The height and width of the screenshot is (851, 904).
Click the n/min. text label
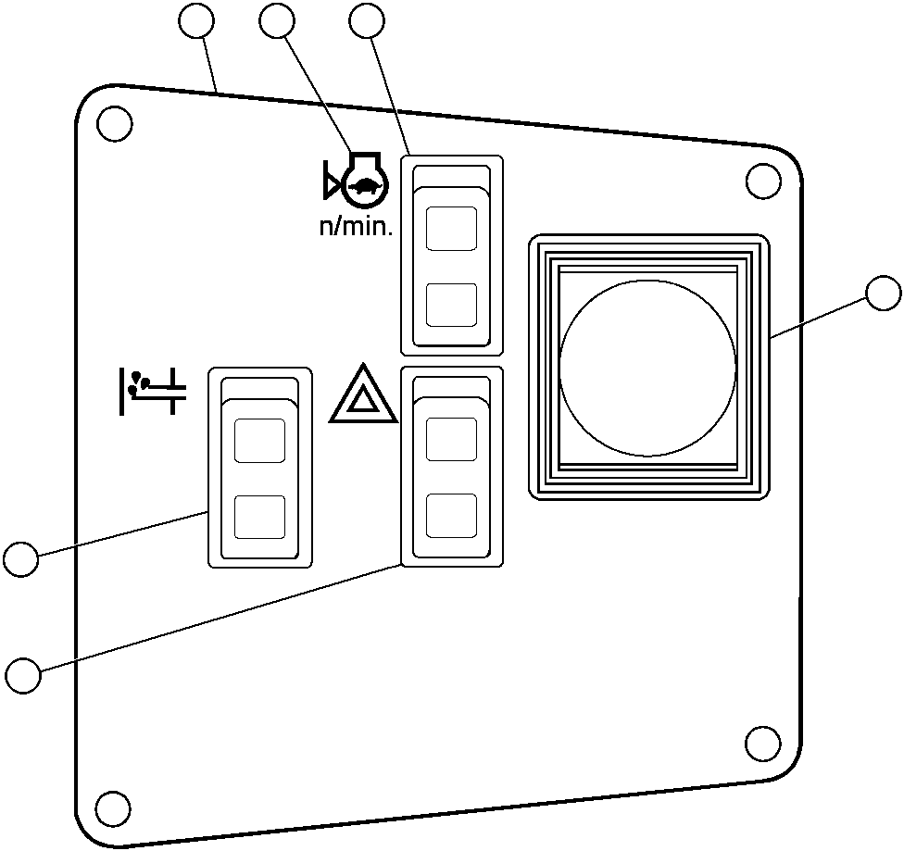tap(357, 226)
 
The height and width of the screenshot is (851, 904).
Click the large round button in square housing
tap(647, 369)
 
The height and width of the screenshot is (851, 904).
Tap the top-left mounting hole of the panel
tap(114, 123)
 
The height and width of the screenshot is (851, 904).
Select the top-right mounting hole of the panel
tap(762, 181)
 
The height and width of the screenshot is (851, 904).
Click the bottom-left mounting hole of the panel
tap(113, 807)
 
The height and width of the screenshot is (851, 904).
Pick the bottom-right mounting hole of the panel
tap(762, 744)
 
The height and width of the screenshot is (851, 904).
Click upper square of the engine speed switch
tap(451, 229)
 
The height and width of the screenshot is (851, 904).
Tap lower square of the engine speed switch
tap(451, 305)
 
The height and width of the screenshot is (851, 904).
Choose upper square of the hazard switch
tap(451, 438)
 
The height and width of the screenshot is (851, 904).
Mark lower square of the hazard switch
tap(451, 515)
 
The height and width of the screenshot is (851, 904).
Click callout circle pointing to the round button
tap(883, 294)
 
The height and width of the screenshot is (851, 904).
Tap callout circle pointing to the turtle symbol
tap(278, 21)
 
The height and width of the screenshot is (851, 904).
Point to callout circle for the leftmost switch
tap(20, 559)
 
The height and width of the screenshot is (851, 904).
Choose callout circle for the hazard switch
tap(23, 675)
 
